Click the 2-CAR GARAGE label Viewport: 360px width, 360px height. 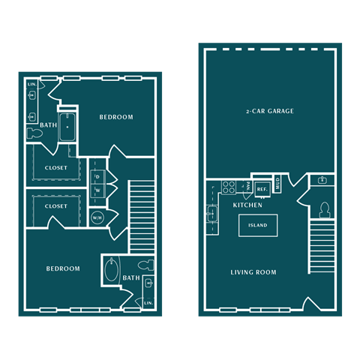point(269,111)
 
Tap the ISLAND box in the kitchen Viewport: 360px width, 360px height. point(257,226)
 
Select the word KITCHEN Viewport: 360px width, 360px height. point(247,205)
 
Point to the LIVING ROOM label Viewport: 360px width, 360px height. point(253,272)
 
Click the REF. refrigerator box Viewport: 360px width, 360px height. point(262,189)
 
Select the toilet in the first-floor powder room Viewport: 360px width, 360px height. point(325,209)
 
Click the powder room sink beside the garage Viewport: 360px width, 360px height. point(322,180)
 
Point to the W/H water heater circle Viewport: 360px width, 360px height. point(97,218)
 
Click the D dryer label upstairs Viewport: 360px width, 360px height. point(97,177)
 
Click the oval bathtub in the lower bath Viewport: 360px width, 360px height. point(112,271)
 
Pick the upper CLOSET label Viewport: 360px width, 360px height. point(56,168)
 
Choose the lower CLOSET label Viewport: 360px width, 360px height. point(56,205)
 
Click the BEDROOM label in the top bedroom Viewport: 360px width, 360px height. point(116,117)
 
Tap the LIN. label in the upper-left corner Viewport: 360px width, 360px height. point(32,85)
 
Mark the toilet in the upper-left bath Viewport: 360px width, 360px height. point(34,133)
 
